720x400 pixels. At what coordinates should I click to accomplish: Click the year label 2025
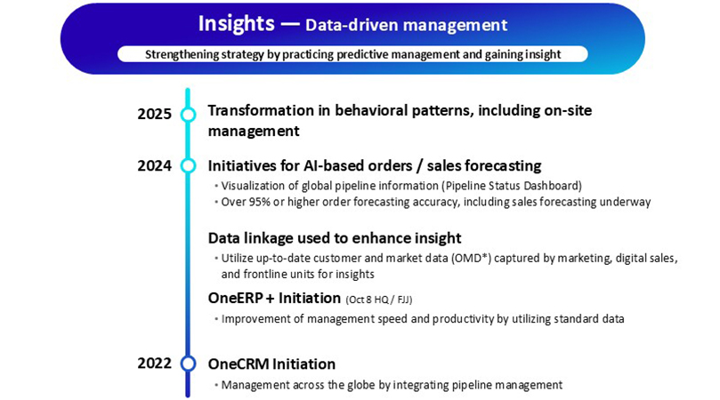point(154,114)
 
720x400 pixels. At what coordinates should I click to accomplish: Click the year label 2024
point(154,165)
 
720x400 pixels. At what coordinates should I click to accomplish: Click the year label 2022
point(154,364)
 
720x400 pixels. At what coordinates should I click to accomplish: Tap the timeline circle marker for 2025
point(188,114)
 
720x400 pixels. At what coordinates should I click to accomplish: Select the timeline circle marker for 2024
point(188,165)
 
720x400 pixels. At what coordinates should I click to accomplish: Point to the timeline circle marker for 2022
point(188,364)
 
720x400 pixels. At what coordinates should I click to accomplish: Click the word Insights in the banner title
point(236,24)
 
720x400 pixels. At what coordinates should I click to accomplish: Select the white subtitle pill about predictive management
point(352,54)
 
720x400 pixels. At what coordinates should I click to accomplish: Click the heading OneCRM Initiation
point(271,364)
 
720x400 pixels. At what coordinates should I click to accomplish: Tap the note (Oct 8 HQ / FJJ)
point(379,300)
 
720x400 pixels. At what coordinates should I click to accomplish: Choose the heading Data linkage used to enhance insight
point(335,238)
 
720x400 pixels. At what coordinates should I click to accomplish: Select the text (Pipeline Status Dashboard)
point(512,186)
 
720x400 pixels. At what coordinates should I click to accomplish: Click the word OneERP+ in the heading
point(241,298)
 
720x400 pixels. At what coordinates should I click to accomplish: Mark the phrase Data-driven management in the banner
point(407,25)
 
